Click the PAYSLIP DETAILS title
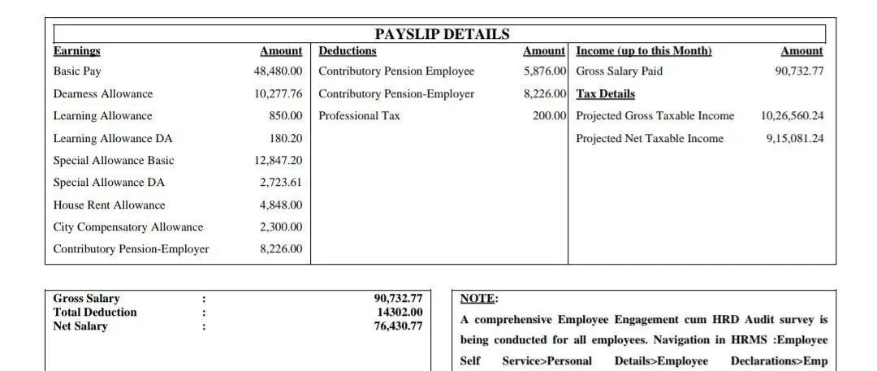[x=442, y=34]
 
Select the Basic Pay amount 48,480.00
[x=278, y=71]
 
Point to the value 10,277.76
[x=278, y=94]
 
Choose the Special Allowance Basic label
[x=113, y=161]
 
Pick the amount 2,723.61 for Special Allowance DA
[x=281, y=183]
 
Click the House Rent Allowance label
[x=109, y=205]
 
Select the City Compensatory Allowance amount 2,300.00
[x=281, y=227]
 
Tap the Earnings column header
[x=76, y=51]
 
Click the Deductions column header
[x=347, y=51]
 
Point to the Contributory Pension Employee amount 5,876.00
[x=545, y=71]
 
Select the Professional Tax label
[x=359, y=116]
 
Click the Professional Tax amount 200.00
[x=549, y=116]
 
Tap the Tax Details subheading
[x=605, y=94]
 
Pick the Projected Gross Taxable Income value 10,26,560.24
[x=792, y=116]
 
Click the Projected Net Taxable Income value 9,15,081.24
[x=794, y=139]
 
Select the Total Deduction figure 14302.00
[x=400, y=313]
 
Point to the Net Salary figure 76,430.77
[x=398, y=326]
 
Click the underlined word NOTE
[x=478, y=299]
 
